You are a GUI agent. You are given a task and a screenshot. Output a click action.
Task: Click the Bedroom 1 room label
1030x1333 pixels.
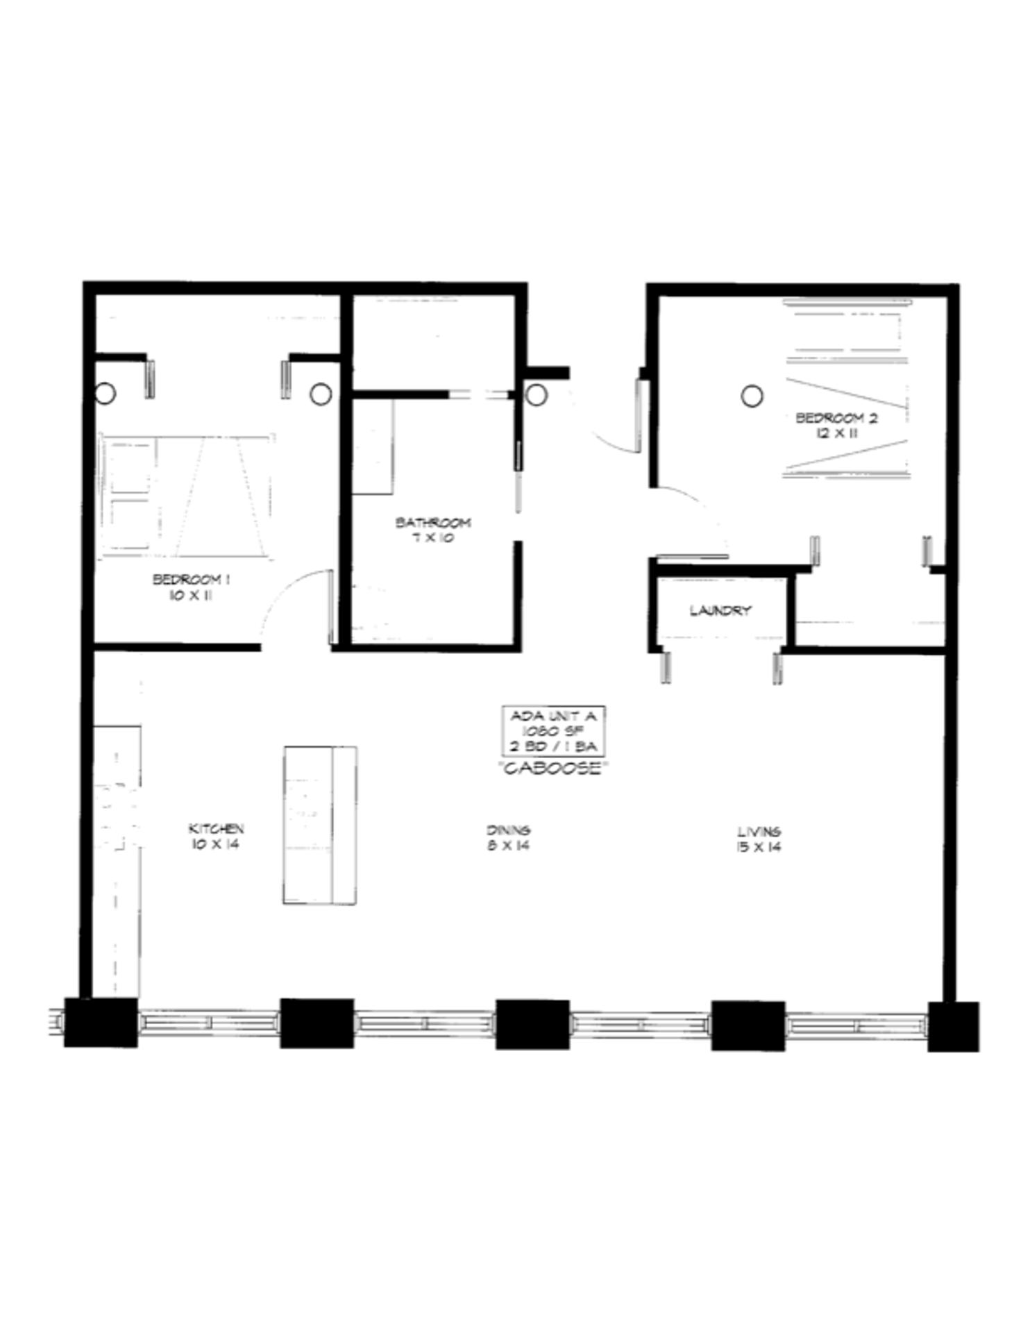(191, 579)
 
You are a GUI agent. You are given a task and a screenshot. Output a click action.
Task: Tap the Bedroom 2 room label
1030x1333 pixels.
(836, 418)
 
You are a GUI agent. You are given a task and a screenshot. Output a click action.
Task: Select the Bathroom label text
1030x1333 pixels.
(433, 522)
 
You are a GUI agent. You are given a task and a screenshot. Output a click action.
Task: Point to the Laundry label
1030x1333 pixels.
(720, 610)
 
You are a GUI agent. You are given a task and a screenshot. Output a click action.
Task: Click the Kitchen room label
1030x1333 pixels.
(216, 828)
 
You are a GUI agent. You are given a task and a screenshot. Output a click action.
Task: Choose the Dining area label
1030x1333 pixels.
(509, 830)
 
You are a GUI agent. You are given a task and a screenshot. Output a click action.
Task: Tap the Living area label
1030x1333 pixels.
(759, 831)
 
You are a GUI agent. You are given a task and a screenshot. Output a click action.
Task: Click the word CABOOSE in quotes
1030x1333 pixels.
(552, 769)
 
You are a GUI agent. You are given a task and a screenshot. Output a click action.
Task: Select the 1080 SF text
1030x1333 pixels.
(552, 731)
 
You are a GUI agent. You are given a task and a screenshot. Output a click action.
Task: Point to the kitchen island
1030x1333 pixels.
(320, 825)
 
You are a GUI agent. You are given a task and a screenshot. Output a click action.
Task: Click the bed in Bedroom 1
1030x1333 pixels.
(186, 497)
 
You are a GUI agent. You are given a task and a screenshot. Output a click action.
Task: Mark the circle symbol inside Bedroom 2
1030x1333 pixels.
(752, 396)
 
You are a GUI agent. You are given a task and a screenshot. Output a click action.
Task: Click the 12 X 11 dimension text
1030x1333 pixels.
(837, 433)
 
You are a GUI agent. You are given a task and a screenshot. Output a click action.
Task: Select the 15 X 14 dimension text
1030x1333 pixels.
(759, 846)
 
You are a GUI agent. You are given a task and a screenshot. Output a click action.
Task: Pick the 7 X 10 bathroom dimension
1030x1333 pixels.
(433, 537)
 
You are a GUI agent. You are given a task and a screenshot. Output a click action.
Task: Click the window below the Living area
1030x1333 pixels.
(856, 1025)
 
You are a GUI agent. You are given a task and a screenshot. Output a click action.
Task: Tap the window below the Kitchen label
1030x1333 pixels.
(209, 1023)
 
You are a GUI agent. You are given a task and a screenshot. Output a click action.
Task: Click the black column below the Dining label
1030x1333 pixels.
(532, 1024)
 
